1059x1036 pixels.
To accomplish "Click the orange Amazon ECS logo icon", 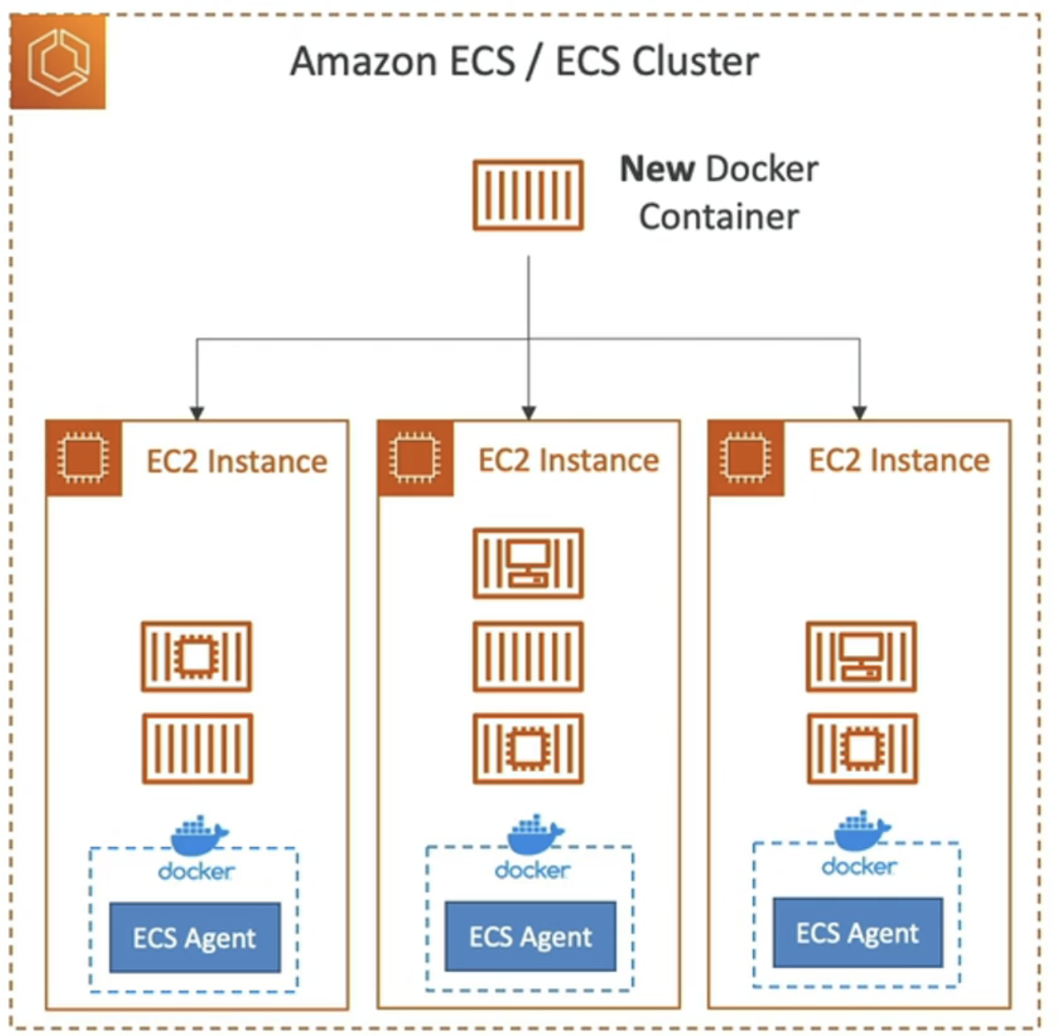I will (x=58, y=62).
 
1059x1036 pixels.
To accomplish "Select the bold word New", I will (x=657, y=169).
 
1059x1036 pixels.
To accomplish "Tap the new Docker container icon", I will (x=528, y=195).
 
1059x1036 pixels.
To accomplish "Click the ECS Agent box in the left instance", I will (x=195, y=938).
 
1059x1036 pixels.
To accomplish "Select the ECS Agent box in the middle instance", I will (x=530, y=936).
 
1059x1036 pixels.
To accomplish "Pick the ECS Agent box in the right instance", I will (x=857, y=933).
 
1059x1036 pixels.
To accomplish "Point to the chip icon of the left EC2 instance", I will (x=83, y=458).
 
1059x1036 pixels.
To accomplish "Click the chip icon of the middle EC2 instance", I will (x=415, y=458).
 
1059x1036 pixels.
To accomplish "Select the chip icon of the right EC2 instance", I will (x=746, y=458).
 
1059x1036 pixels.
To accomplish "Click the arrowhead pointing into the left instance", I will (x=197, y=413).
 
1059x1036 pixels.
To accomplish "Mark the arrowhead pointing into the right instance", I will (x=860, y=413).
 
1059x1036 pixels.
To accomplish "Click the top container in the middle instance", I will (x=528, y=563).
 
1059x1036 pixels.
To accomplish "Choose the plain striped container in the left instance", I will (x=197, y=749).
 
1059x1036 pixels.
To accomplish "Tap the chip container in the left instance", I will (x=196, y=657).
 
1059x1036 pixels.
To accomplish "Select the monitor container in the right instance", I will (x=861, y=657).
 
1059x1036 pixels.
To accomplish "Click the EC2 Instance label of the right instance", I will (x=899, y=461).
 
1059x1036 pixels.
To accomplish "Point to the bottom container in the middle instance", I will (x=528, y=749).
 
